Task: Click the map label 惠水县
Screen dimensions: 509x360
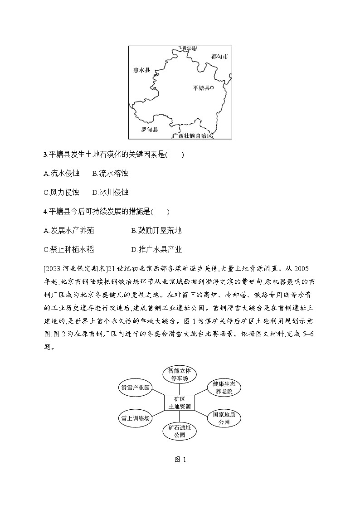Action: (x=141, y=70)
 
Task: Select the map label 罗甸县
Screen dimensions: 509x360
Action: (x=149, y=129)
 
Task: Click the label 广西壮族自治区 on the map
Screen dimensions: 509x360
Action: (x=192, y=136)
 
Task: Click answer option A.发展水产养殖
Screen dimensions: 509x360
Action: (x=69, y=230)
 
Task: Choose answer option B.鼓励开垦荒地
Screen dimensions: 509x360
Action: (x=156, y=230)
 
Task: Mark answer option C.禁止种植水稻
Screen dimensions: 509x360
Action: (x=69, y=249)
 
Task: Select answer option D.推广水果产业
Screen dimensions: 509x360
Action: (x=156, y=249)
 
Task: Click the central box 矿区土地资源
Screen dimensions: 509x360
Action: (x=180, y=402)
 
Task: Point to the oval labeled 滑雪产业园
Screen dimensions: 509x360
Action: (x=135, y=388)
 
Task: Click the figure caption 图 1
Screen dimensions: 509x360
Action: (x=180, y=459)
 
